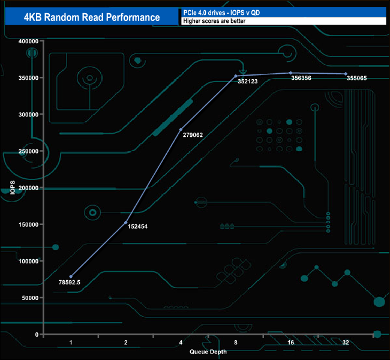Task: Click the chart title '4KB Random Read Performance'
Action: (92, 17)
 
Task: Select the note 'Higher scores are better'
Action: (214, 21)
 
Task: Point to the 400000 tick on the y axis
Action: (28, 41)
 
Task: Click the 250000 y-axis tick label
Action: (28, 151)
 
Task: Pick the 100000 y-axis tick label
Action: (28, 261)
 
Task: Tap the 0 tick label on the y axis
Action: (37, 334)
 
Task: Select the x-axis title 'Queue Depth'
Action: (208, 352)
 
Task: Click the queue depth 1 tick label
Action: (71, 343)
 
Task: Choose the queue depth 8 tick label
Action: (236, 343)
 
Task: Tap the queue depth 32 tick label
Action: (346, 343)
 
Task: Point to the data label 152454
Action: (139, 227)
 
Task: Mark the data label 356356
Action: (302, 77)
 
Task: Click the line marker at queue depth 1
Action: (71, 277)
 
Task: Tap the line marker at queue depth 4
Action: (181, 130)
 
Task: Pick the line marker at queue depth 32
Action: (346, 74)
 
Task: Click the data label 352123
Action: (247, 80)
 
